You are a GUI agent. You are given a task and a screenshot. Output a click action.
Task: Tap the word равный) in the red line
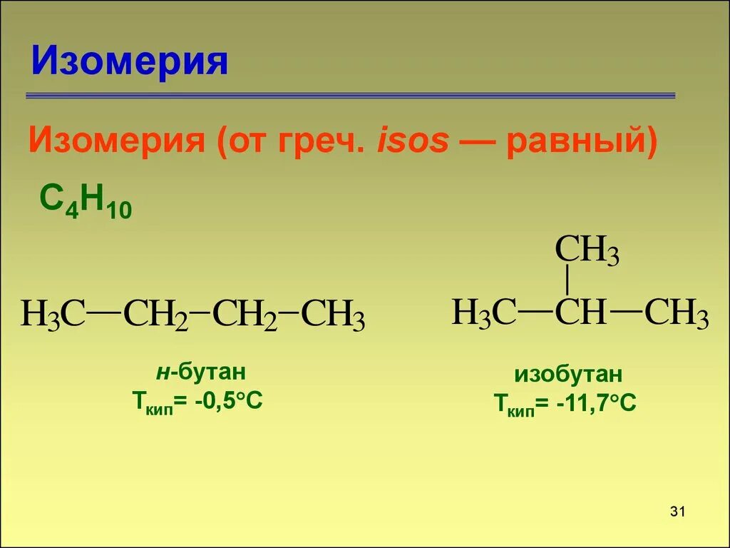[581, 141]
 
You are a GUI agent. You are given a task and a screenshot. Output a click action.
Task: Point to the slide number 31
[677, 511]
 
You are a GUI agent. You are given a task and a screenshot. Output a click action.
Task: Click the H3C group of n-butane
[52, 315]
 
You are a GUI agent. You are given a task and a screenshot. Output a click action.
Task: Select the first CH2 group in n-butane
[155, 315]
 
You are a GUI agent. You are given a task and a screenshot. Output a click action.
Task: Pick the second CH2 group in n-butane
[245, 315]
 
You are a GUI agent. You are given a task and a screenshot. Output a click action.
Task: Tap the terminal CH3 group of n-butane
[333, 315]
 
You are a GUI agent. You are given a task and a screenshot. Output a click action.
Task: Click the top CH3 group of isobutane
[586, 251]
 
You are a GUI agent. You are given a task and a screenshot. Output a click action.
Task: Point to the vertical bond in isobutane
[567, 280]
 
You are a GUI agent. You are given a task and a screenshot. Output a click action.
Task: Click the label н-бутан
[200, 372]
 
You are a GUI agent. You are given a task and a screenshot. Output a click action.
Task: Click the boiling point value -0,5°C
[227, 401]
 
